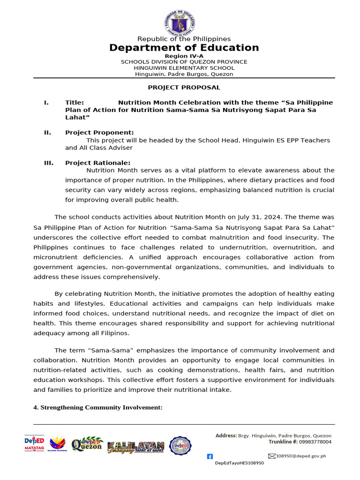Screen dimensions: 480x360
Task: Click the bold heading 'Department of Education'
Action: tap(184, 48)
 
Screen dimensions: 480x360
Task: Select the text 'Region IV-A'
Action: tap(184, 56)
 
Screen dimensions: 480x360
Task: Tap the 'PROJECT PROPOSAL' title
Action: tap(184, 88)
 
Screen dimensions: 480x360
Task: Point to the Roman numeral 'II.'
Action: tap(47, 133)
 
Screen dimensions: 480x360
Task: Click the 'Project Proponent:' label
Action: tap(99, 133)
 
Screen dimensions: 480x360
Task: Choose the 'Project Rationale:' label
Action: tap(97, 163)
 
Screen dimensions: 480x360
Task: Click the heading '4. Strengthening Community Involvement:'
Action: tap(97, 408)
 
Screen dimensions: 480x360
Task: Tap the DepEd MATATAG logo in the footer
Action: tap(34, 443)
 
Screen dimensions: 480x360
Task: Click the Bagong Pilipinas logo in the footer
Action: tap(58, 443)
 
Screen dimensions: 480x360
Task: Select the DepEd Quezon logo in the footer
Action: tap(87, 444)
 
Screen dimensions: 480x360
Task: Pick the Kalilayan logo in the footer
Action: tap(135, 447)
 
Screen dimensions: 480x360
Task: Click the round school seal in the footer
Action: tap(180, 446)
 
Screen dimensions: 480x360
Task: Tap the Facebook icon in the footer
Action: tap(210, 456)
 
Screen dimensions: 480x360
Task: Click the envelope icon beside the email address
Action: tap(271, 456)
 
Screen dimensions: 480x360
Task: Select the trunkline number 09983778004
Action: tap(315, 442)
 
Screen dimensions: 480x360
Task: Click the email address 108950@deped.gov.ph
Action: tap(301, 456)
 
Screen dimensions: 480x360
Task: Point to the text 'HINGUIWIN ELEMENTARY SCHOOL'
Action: tap(184, 68)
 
